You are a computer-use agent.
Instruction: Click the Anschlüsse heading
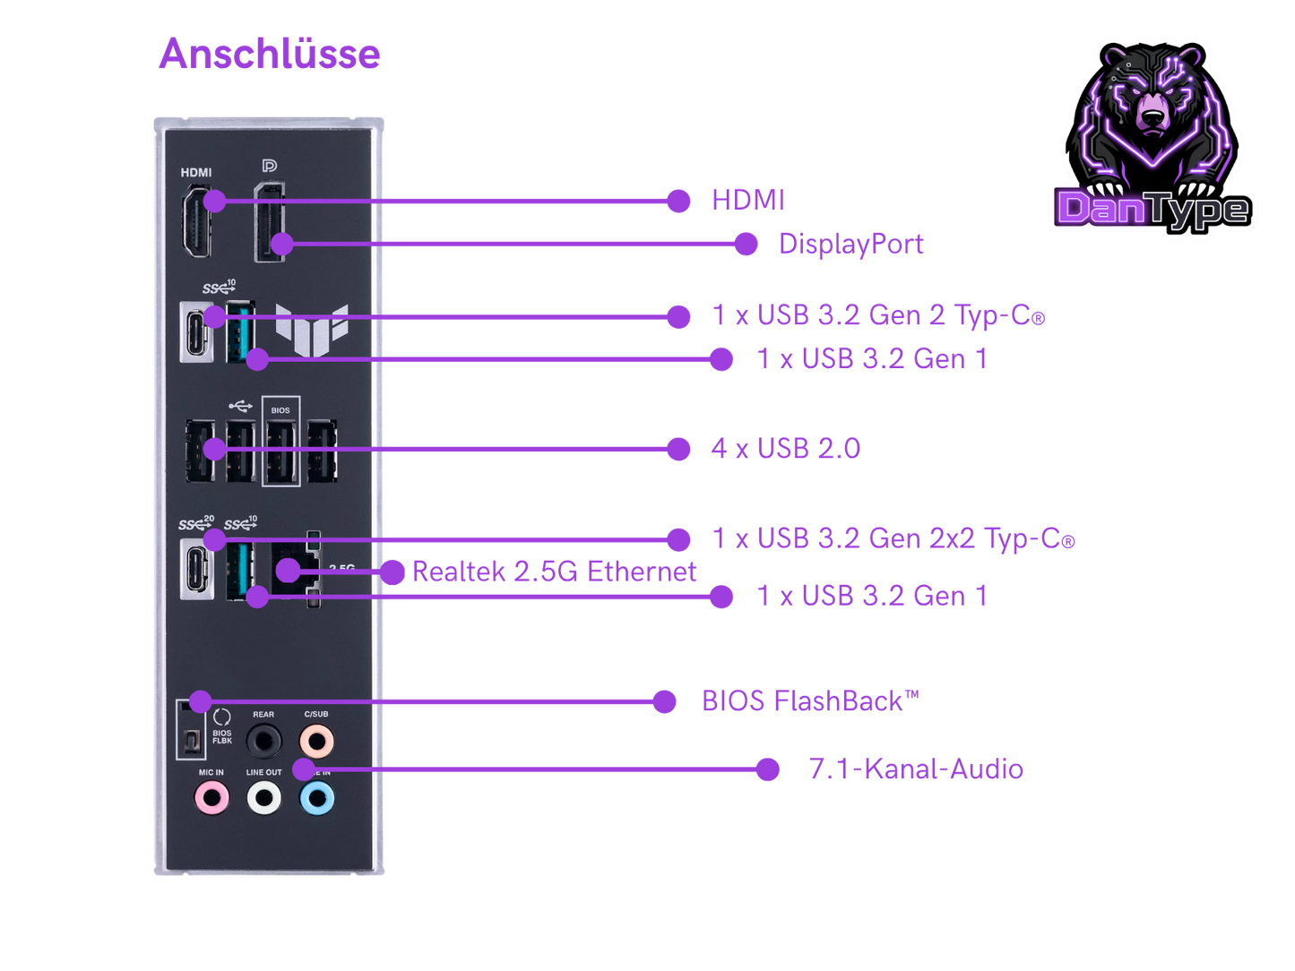[269, 54]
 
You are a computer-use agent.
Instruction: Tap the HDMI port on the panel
[196, 222]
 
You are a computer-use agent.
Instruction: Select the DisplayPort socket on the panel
[269, 222]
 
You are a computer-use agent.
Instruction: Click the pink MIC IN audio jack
[212, 796]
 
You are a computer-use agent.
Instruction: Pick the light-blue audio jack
[317, 797]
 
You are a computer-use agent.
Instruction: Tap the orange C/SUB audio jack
[316, 741]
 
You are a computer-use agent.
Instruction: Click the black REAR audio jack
[263, 741]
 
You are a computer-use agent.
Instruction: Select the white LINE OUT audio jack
[264, 797]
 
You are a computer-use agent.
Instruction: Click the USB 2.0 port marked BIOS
[281, 450]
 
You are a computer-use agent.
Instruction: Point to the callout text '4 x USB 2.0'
[785, 448]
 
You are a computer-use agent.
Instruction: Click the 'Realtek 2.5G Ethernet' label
[554, 572]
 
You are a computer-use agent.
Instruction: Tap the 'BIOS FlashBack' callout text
[809, 700]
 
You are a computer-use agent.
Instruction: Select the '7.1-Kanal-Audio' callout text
[915, 769]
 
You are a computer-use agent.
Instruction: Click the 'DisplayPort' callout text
[850, 244]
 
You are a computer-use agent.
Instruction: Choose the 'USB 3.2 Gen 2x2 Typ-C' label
[893, 538]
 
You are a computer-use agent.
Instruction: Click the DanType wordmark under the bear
[1153, 210]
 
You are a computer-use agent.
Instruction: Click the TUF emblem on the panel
[311, 327]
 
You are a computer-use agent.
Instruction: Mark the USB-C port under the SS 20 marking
[196, 569]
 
